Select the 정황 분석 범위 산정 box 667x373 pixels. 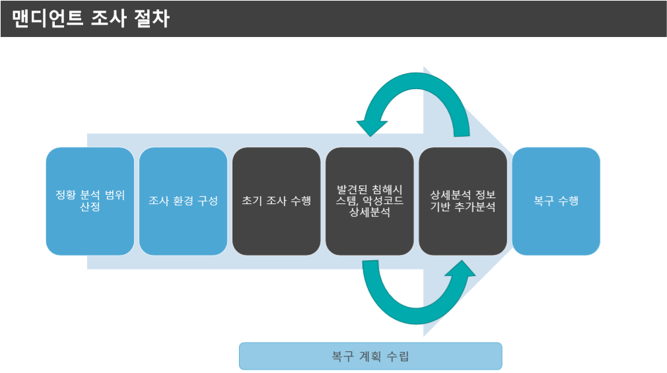tap(90, 201)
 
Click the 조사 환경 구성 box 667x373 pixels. tap(183, 201)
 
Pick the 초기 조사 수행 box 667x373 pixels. tap(276, 201)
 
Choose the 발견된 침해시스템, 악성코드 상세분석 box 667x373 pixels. tap(370, 201)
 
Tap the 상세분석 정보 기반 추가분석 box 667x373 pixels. tap(463, 201)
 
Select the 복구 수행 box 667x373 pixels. tap(556, 201)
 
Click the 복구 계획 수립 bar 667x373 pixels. tap(370, 356)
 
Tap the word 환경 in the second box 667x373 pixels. tap(183, 201)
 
